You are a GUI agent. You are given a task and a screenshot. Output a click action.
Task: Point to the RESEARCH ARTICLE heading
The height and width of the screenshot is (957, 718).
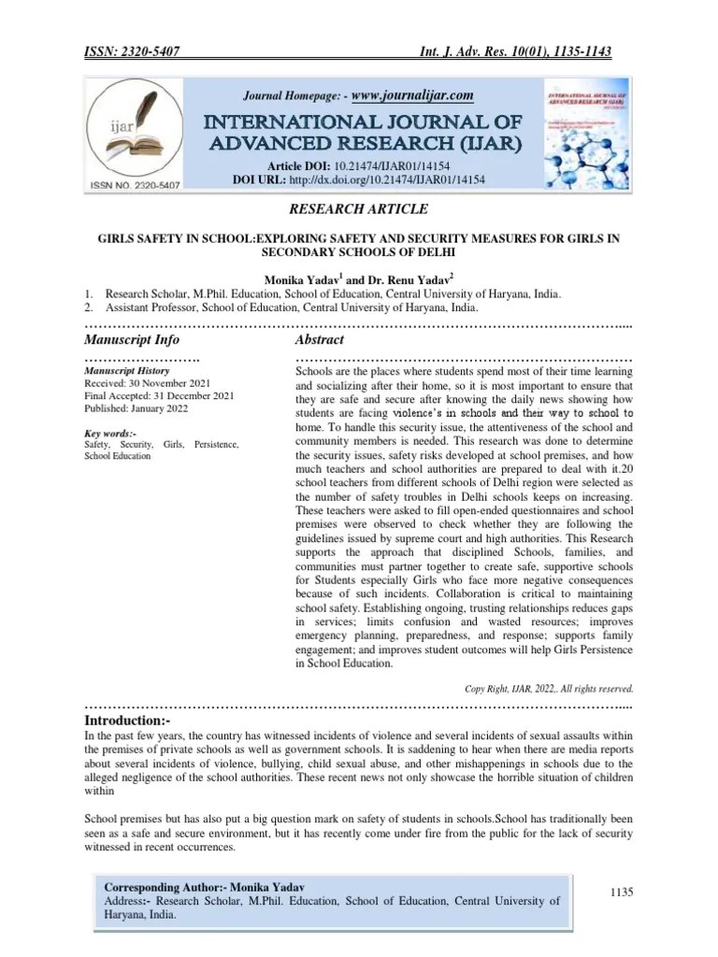tap(359, 209)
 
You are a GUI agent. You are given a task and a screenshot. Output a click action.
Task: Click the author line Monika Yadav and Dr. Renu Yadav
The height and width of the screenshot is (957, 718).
tap(359, 278)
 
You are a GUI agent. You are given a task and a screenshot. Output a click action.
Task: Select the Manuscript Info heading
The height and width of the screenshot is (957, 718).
tap(132, 339)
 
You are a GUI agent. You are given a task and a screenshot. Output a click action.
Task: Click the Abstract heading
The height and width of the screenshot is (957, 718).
tap(320, 339)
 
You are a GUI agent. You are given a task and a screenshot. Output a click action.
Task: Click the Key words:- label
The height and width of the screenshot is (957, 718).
tap(110, 434)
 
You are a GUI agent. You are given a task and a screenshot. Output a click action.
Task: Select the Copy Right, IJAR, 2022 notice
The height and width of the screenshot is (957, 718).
tap(549, 689)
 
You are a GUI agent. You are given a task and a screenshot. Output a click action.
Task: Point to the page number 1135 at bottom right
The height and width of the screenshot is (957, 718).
tap(622, 893)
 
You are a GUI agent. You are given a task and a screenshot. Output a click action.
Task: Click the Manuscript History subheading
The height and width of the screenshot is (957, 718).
tap(127, 371)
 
